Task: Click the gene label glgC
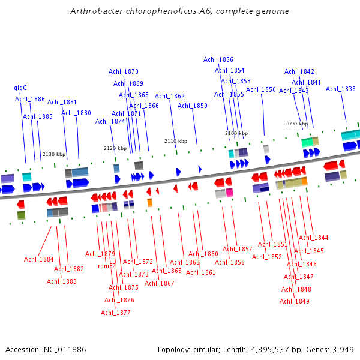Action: tap(20, 88)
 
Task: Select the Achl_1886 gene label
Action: tap(30, 100)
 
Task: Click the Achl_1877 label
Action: tap(116, 313)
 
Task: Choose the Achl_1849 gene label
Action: tap(295, 301)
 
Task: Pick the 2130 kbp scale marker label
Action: tap(54, 154)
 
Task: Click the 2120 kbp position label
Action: tap(115, 148)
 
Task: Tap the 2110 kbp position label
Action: tap(176, 142)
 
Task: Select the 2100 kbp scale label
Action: tap(236, 133)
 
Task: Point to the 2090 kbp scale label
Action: tap(296, 124)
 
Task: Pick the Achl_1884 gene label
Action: tap(39, 260)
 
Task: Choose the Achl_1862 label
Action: tap(170, 96)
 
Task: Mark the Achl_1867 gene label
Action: tap(160, 283)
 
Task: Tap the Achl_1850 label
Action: tap(261, 90)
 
